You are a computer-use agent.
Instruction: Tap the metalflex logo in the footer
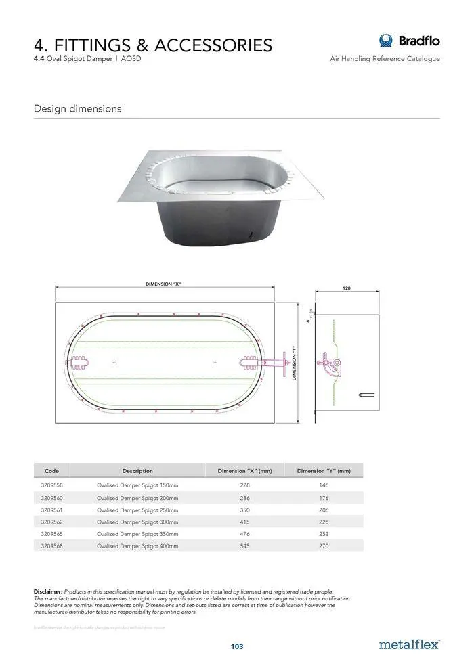(409, 644)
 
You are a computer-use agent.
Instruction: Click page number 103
(236, 646)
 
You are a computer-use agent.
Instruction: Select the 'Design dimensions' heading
(77, 108)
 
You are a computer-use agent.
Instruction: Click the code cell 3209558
(52, 485)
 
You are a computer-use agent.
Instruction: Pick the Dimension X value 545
(244, 545)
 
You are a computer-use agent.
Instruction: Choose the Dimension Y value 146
(324, 485)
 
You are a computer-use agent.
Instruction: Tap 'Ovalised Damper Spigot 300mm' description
(137, 522)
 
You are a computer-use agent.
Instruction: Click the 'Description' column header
(137, 470)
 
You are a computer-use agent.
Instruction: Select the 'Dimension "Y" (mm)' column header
(324, 470)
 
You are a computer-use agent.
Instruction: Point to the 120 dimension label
(346, 288)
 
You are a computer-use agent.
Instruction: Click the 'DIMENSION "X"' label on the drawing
(163, 284)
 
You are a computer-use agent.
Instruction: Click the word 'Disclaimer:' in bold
(48, 591)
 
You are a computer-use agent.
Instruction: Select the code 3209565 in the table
(52, 533)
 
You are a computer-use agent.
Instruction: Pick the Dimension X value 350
(244, 510)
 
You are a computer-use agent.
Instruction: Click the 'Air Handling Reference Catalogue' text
(385, 59)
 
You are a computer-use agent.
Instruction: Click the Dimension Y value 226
(324, 522)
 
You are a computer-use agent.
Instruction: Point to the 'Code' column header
(52, 470)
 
